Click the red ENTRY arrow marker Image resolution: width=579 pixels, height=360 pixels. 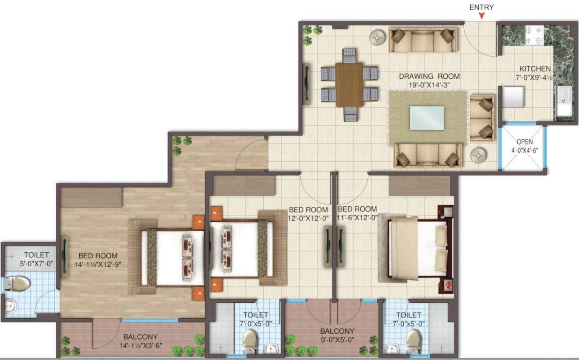pyautogui.click(x=482, y=17)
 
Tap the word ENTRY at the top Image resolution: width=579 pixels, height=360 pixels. pyautogui.click(x=482, y=7)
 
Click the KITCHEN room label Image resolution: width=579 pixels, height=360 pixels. pyautogui.click(x=535, y=69)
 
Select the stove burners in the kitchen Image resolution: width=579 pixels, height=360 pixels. pyautogui.click(x=534, y=35)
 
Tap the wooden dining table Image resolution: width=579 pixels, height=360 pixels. pyautogui.click(x=349, y=85)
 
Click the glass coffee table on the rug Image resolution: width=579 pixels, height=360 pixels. pyautogui.click(x=427, y=118)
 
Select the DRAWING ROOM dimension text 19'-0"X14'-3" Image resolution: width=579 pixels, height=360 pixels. pyautogui.click(x=429, y=85)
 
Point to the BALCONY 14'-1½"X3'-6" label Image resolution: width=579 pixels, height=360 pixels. pyautogui.click(x=140, y=341)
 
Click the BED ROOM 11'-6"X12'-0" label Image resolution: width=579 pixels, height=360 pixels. pyautogui.click(x=357, y=213)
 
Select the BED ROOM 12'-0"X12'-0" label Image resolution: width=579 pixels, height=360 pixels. pyautogui.click(x=308, y=213)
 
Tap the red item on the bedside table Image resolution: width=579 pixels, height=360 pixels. pyautogui.click(x=448, y=285)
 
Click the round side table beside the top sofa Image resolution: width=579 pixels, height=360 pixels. pyautogui.click(x=377, y=37)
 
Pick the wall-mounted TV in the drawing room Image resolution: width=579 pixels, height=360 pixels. pyautogui.click(x=305, y=84)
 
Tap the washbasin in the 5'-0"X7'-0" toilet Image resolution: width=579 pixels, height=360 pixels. pyautogui.click(x=10, y=307)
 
